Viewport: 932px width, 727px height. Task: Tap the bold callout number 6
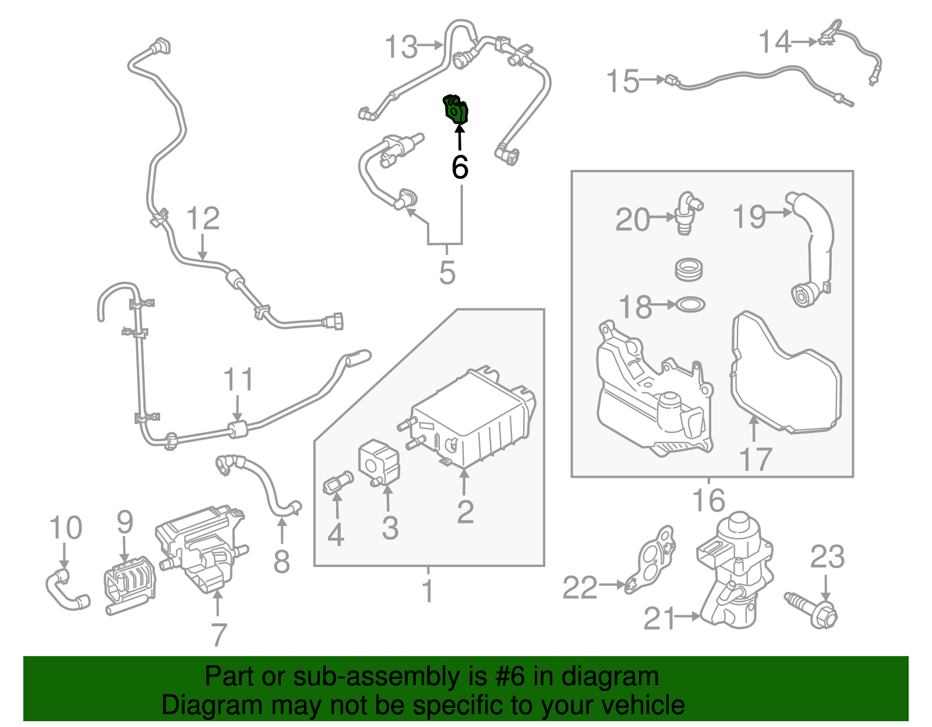pos(460,168)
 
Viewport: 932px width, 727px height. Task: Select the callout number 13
pos(401,47)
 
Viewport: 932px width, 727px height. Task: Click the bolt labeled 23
pos(813,609)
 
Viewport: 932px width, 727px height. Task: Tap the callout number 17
pos(756,459)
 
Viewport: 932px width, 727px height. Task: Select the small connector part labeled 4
pos(337,483)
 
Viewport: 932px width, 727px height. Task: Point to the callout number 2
pos(465,512)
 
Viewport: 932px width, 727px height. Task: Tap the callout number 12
pos(203,219)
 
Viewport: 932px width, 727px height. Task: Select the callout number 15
pos(622,81)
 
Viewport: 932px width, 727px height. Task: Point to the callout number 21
pos(659,618)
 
